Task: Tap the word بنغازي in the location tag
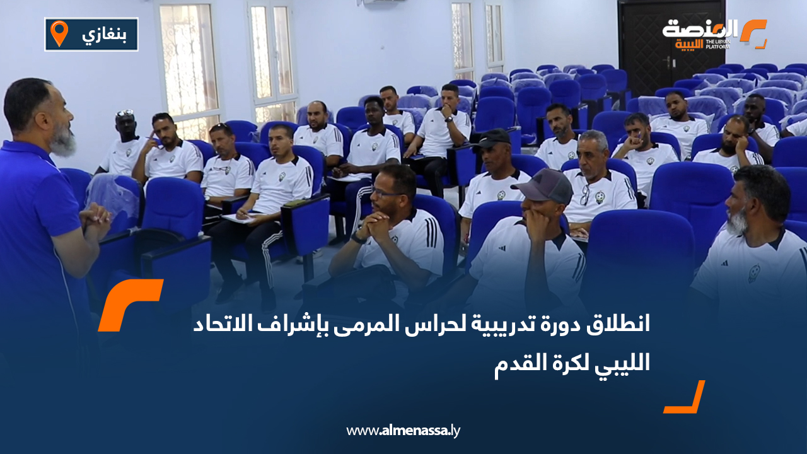[x=100, y=35]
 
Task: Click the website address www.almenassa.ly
[x=403, y=431]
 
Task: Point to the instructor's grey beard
[x=64, y=143]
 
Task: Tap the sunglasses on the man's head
[x=125, y=113]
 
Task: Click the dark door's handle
[x=667, y=61]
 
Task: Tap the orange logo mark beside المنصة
[x=753, y=33]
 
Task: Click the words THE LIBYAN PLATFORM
[x=718, y=44]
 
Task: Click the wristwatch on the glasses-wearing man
[x=358, y=238]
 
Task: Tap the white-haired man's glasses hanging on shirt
[x=584, y=195]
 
